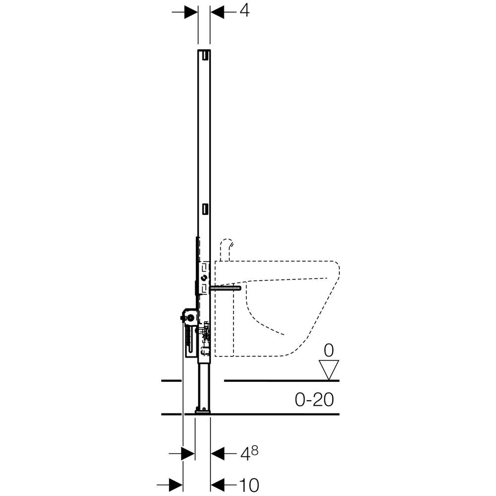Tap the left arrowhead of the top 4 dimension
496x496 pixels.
click(x=191, y=12)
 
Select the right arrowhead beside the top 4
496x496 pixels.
click(x=217, y=12)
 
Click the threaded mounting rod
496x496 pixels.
click(x=225, y=288)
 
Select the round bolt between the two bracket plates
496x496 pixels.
click(x=205, y=279)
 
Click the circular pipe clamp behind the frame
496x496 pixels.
click(x=190, y=318)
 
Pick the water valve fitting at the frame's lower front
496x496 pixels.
click(x=206, y=335)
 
